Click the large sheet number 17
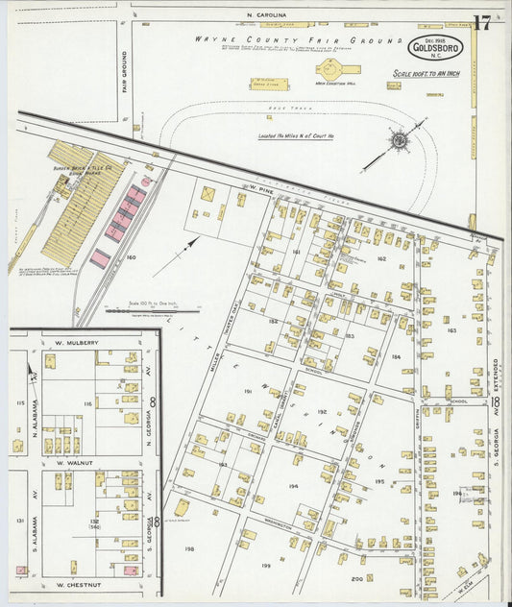coord(482,24)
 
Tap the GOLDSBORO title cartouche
coord(436,47)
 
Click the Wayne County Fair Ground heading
coord(298,40)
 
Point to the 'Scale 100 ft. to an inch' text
coord(426,73)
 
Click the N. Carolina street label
coord(266,15)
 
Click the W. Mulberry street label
coord(78,342)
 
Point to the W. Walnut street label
coord(74,462)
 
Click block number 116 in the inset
coord(87,404)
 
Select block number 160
coord(131,256)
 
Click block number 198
coord(189,548)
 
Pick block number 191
coord(247,392)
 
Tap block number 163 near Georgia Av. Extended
coord(451,329)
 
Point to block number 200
coord(356,578)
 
